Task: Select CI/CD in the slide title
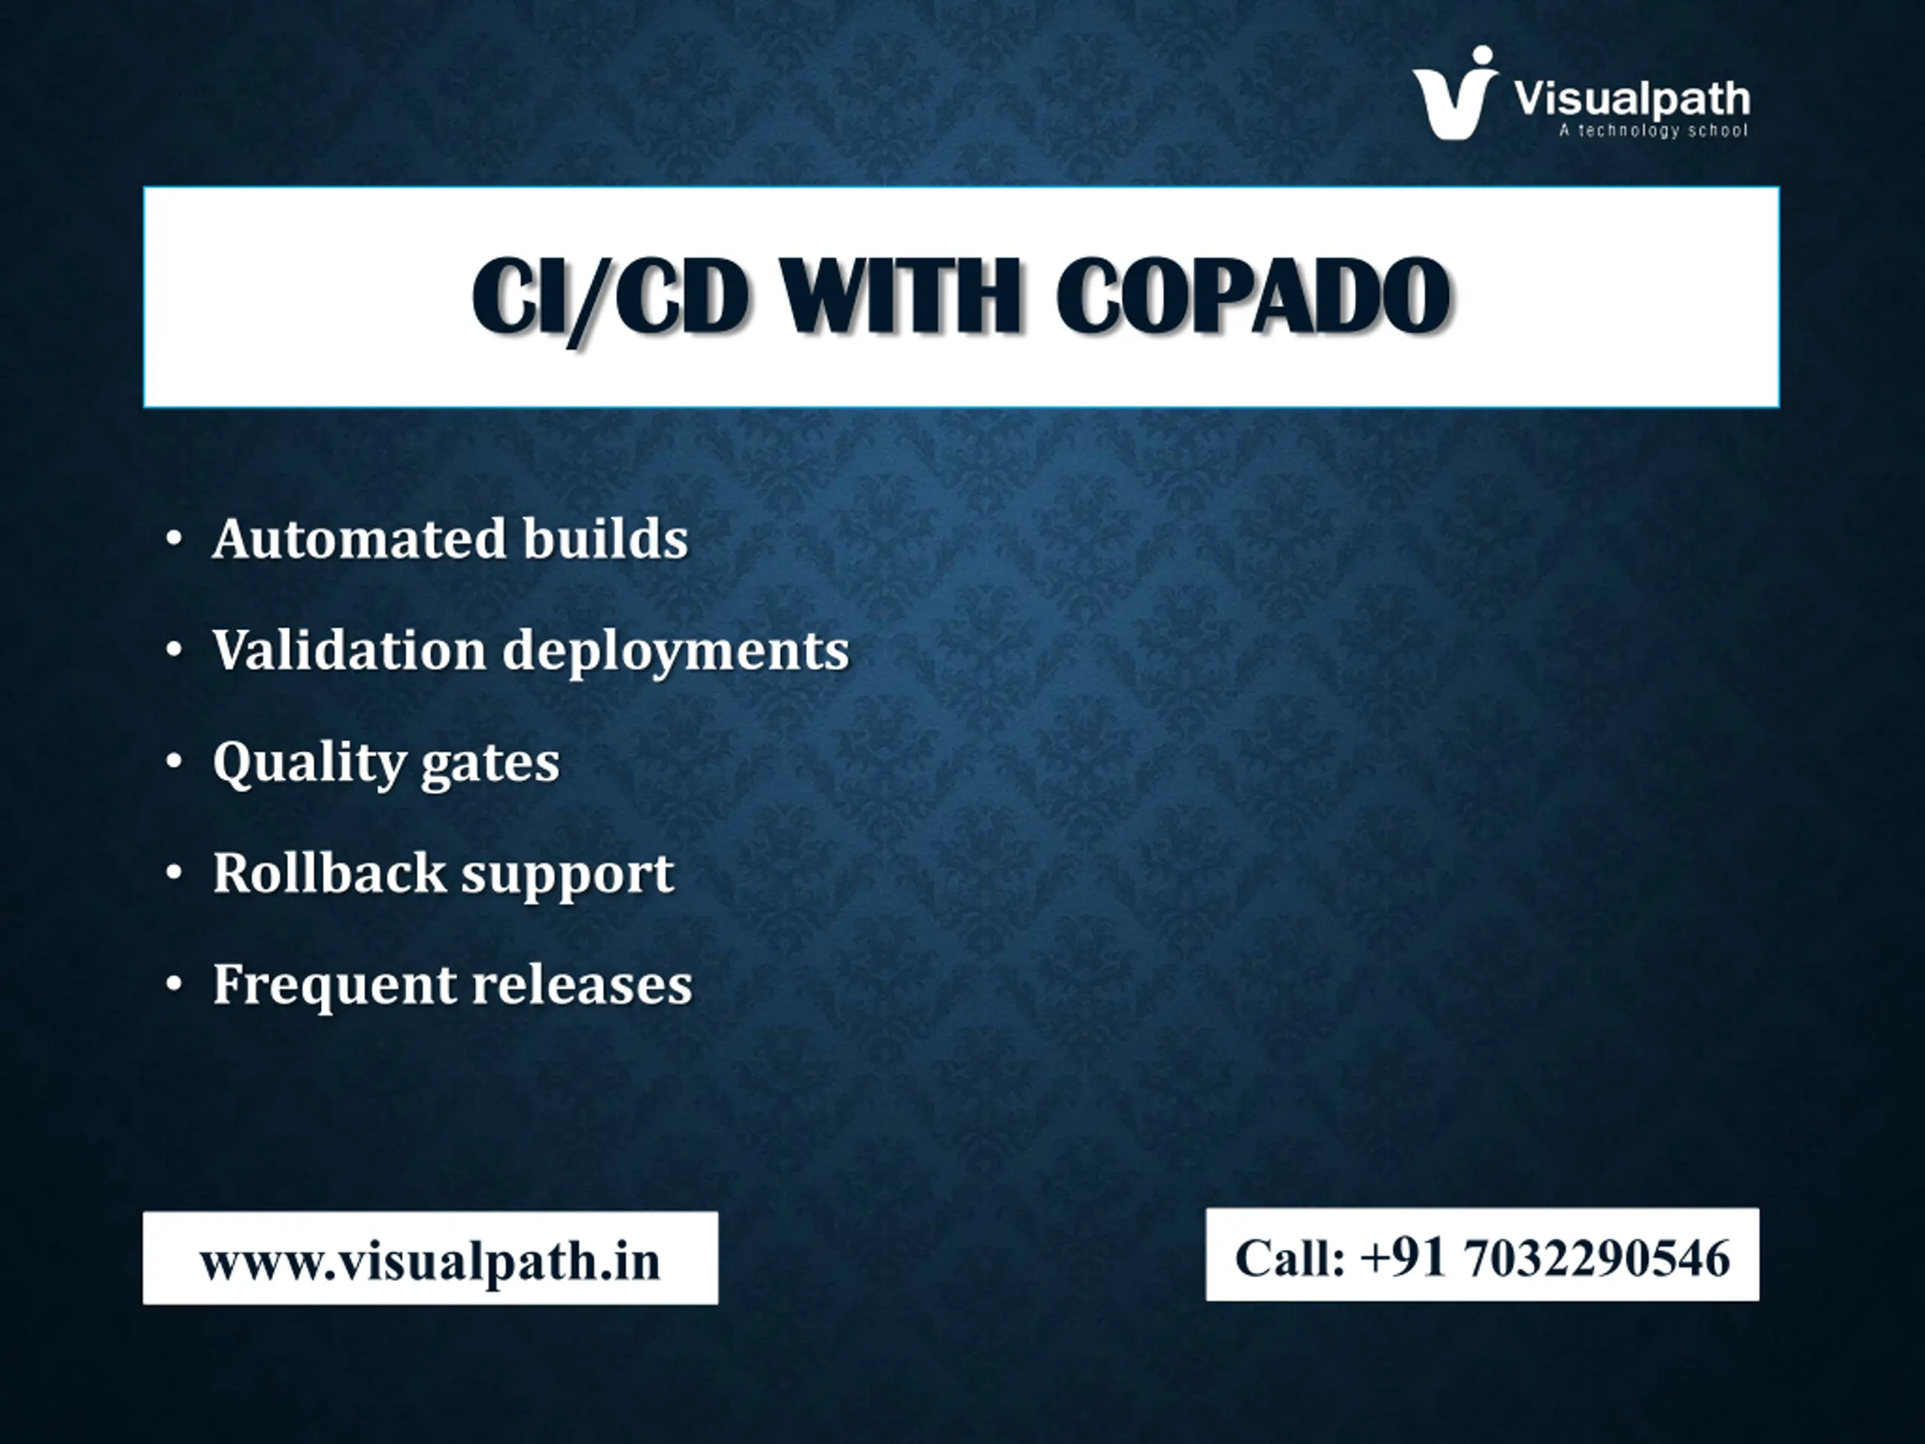(610, 298)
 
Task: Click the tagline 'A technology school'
(1653, 131)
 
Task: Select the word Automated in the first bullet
(359, 538)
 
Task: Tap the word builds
(605, 538)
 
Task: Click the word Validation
(350, 651)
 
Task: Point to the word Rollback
(329, 872)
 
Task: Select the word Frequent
(334, 986)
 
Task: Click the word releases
(582, 985)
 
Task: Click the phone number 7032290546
(1598, 1257)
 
